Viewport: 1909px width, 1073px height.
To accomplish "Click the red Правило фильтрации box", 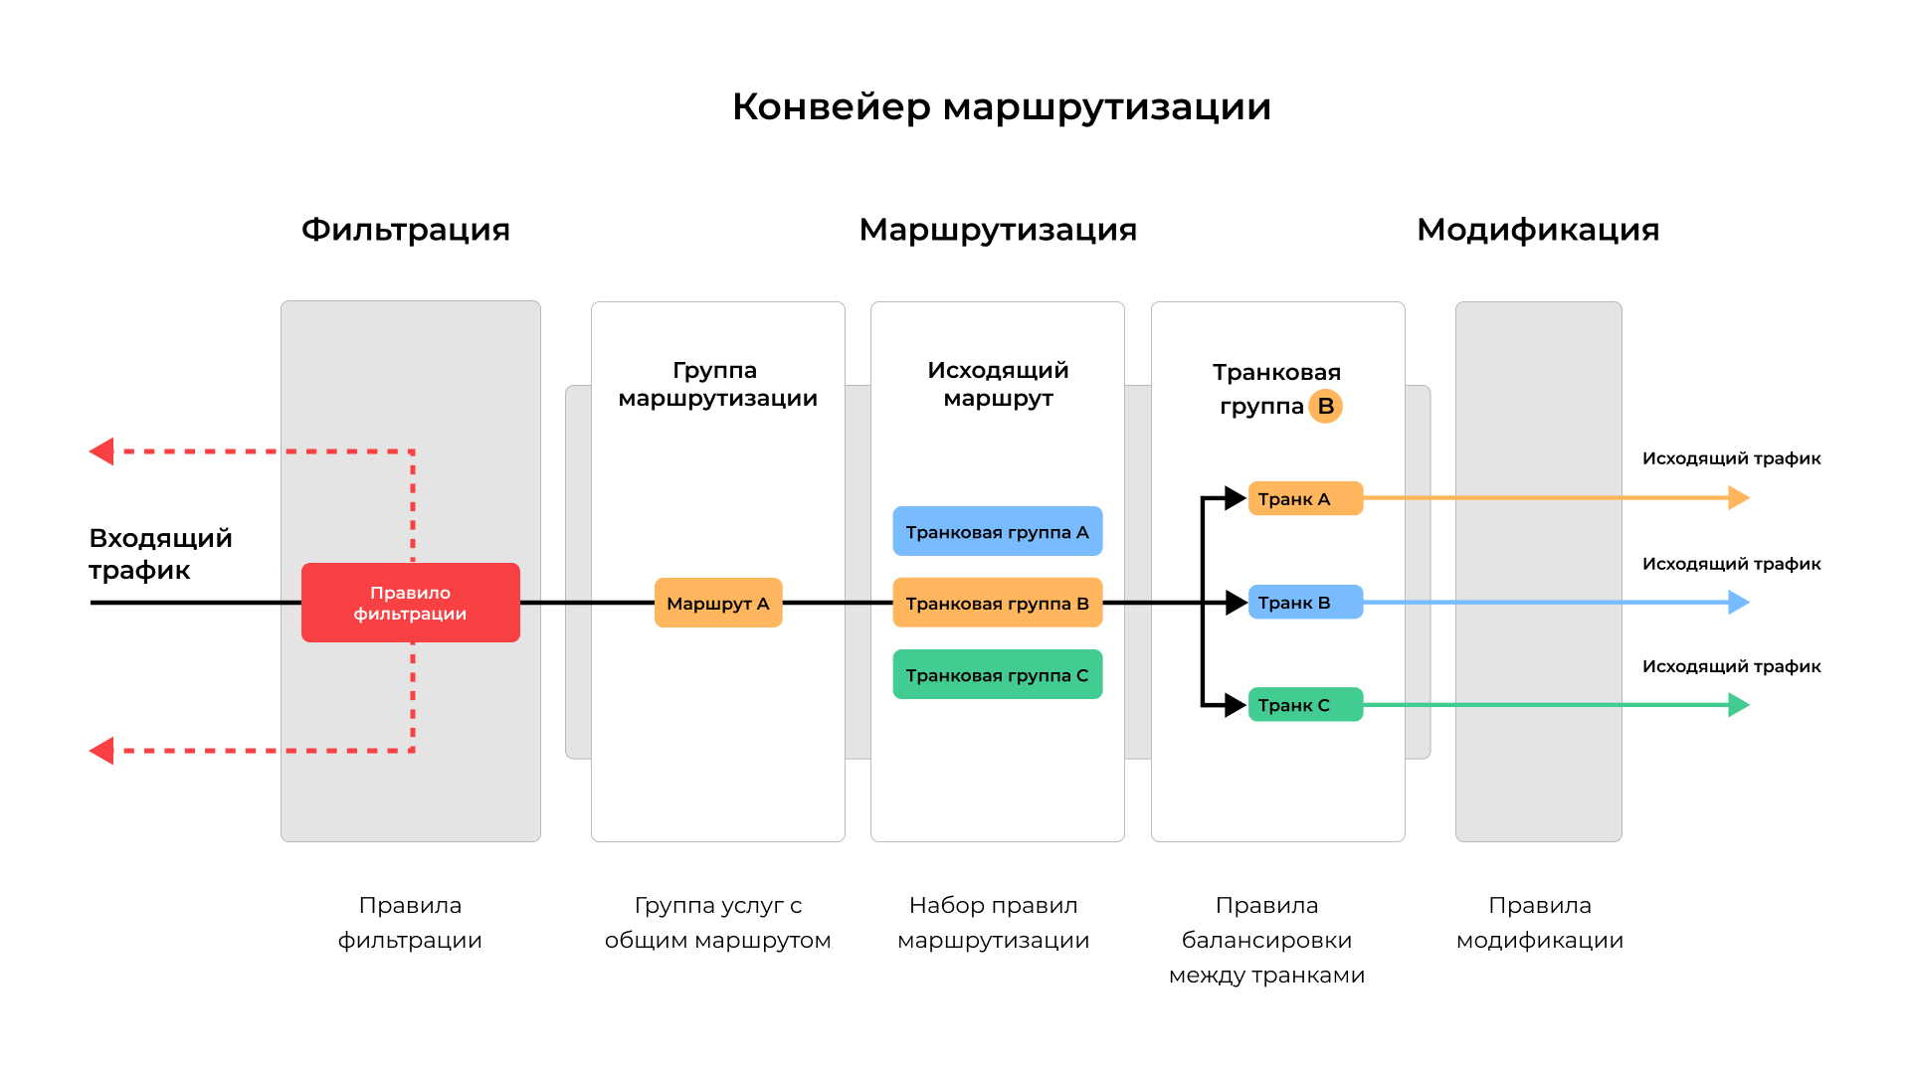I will (410, 603).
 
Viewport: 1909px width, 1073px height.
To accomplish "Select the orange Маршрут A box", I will (717, 603).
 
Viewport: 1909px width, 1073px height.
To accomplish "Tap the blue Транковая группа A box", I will (997, 531).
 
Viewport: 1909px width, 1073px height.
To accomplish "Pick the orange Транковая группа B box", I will (997, 603).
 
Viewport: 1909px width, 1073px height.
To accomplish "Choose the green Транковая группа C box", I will (997, 674).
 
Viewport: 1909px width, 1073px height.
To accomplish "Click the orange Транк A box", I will (1304, 498).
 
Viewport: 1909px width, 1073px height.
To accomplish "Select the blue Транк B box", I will (1304, 602).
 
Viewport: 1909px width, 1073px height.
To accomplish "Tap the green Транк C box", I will (1304, 705).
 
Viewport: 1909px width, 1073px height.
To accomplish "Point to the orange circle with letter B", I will (1325, 406).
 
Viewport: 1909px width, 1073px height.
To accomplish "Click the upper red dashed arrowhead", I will (101, 451).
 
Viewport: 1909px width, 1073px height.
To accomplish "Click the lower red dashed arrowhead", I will (101, 751).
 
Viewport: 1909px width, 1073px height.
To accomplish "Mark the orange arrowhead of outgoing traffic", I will (1738, 497).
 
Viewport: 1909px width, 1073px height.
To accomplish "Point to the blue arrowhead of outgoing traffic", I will (1738, 602).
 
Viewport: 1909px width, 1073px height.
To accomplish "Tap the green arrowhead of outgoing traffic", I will (1738, 705).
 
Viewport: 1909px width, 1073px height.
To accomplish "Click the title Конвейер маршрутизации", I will (1001, 106).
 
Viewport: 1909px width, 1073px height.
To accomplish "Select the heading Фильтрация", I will (405, 230).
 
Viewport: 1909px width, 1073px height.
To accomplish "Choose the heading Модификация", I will (1537, 230).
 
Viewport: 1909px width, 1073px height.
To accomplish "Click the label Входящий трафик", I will (159, 554).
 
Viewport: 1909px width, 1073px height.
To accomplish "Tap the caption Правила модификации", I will (1539, 922).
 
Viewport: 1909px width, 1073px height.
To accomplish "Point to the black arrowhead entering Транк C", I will (1236, 705).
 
